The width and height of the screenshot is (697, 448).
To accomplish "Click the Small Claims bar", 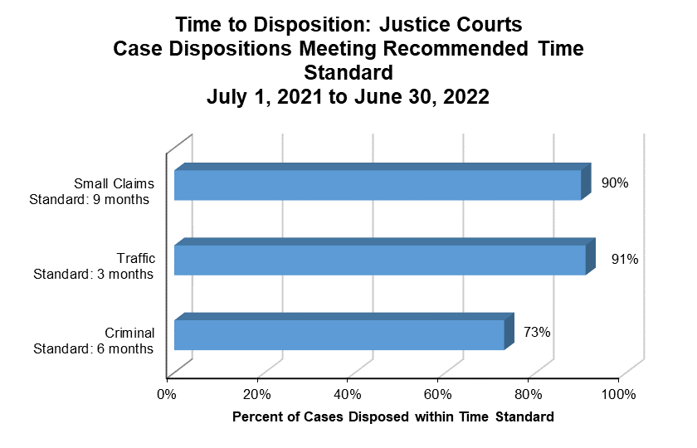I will pyautogui.click(x=378, y=185).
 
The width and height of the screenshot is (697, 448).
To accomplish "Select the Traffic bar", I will pyautogui.click(x=380, y=260).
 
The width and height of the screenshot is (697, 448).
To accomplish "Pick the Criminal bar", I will pyautogui.click(x=339, y=334).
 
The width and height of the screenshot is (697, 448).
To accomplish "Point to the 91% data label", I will pyautogui.click(x=624, y=259).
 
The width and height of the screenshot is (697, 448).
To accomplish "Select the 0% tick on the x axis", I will pyautogui.click(x=167, y=393).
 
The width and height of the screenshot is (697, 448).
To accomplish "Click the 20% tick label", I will pyautogui.click(x=258, y=393).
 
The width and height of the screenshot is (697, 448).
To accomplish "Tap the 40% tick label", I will pyautogui.click(x=348, y=393).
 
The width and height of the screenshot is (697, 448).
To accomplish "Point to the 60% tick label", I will pyautogui.click(x=439, y=393).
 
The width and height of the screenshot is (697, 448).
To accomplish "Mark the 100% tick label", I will pyautogui.click(x=617, y=393).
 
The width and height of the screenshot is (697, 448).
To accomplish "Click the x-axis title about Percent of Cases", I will pyautogui.click(x=392, y=416).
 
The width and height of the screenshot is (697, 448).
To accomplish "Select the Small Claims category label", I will pyautogui.click(x=112, y=183).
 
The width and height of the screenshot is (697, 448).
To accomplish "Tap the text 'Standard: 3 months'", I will pyautogui.click(x=92, y=275).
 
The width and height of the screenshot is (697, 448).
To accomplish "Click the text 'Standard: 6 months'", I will pyautogui.click(x=92, y=348).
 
